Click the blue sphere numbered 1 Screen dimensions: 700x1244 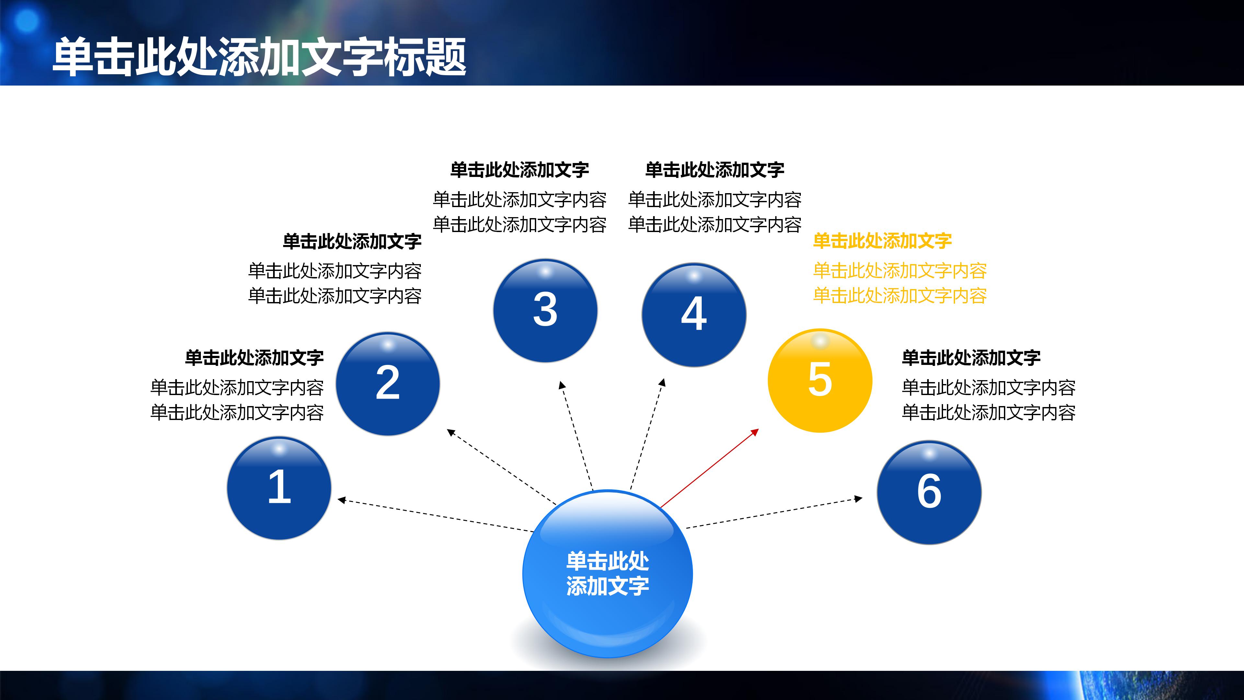tap(279, 488)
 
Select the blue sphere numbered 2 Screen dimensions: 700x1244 tap(388, 384)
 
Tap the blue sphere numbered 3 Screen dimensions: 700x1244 tap(545, 310)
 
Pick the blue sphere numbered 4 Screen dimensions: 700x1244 tap(694, 314)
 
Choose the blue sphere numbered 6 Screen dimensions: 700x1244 tap(929, 492)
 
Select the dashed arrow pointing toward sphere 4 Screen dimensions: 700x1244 tap(648, 432)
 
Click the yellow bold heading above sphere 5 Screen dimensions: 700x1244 tap(882, 240)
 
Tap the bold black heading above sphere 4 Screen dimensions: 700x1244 tap(714, 169)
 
